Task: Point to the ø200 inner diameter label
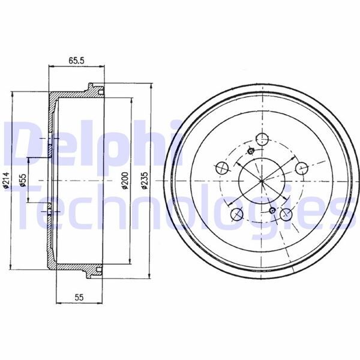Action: coord(123,180)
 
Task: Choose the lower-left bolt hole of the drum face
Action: coord(236,214)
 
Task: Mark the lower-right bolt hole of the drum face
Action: coord(286,214)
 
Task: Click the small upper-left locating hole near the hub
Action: coord(251,151)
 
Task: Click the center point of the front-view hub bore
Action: coord(262,179)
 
